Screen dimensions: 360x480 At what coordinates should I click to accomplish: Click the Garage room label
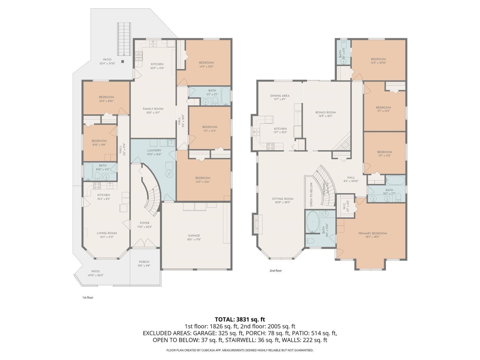click(194, 235)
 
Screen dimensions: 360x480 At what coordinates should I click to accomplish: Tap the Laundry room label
click(154, 150)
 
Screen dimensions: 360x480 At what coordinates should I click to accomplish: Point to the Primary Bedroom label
click(372, 233)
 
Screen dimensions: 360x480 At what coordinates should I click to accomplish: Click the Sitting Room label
click(283, 199)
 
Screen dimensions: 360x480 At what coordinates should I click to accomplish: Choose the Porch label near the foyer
click(144, 262)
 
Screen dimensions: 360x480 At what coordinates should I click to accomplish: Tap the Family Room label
click(153, 109)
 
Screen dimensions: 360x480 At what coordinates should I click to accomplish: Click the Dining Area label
click(280, 96)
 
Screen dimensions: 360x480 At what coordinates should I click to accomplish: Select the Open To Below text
click(311, 194)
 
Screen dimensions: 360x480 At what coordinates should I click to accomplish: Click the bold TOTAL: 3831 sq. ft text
click(240, 319)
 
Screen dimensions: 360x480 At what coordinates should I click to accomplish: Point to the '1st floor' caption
click(88, 298)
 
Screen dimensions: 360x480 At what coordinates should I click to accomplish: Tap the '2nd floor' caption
click(275, 271)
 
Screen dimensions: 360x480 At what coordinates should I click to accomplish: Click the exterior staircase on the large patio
click(124, 39)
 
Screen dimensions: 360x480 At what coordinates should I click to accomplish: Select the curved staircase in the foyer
click(152, 198)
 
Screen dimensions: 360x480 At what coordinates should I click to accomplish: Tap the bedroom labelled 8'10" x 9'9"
click(99, 142)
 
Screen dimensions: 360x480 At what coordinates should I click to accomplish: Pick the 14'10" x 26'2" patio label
click(95, 273)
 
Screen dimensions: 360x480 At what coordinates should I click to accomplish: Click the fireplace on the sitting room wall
click(257, 224)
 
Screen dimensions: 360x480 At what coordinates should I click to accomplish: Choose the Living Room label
click(107, 233)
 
